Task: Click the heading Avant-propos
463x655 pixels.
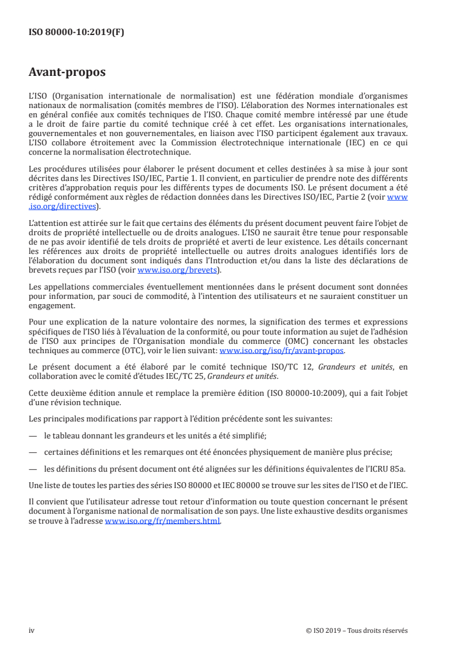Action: pyautogui.click(x=67, y=73)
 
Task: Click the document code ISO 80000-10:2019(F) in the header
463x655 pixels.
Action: pyautogui.click(x=76, y=33)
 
